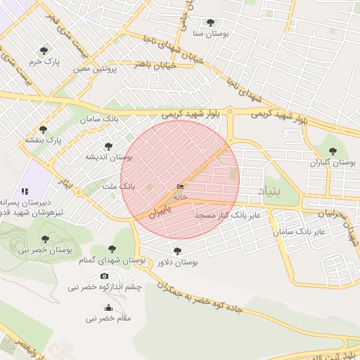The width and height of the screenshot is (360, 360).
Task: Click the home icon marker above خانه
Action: [181, 187]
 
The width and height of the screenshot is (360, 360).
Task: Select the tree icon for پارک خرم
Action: [44, 51]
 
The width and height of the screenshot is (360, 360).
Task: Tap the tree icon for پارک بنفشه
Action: [44, 129]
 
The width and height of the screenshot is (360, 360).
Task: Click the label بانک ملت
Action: [117, 187]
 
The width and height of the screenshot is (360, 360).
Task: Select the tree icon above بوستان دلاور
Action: [177, 250]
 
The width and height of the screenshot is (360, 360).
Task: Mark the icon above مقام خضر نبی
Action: [108, 308]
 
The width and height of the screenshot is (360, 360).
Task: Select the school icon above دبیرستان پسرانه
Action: [25, 191]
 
